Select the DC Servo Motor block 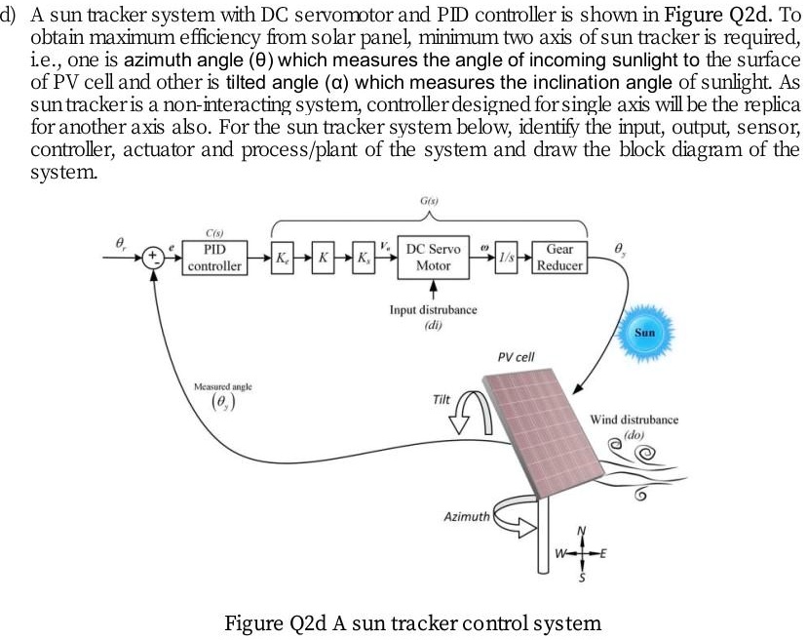point(434,256)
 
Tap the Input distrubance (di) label point(433,315)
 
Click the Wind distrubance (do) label point(634,425)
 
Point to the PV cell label point(516,357)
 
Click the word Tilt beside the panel point(442,400)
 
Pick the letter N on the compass point(584,532)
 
